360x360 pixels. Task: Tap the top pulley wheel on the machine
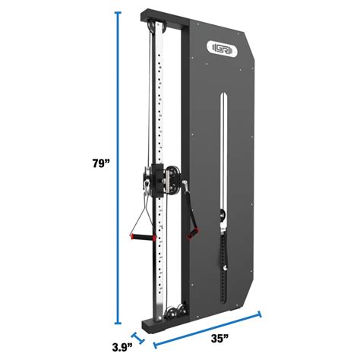coord(158,28)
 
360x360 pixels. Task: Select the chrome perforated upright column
coord(160,114)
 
